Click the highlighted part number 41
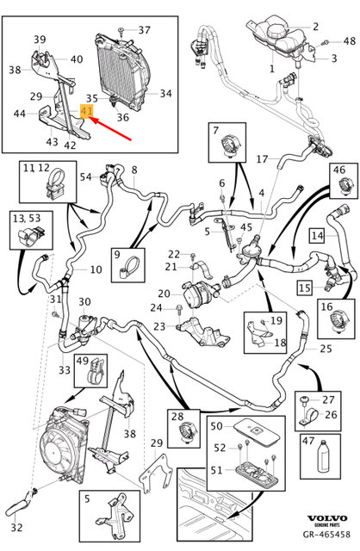point(86,111)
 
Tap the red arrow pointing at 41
point(111,129)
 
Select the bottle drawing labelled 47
point(324,457)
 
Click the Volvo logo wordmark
point(327,518)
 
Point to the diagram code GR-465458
point(326,534)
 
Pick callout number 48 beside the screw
point(349,41)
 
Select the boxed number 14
point(317,235)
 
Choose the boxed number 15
point(305,288)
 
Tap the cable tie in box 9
point(128,268)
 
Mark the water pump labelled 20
point(199,293)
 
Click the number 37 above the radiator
point(144,30)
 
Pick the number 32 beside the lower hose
point(16,527)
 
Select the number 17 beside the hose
point(262,159)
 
